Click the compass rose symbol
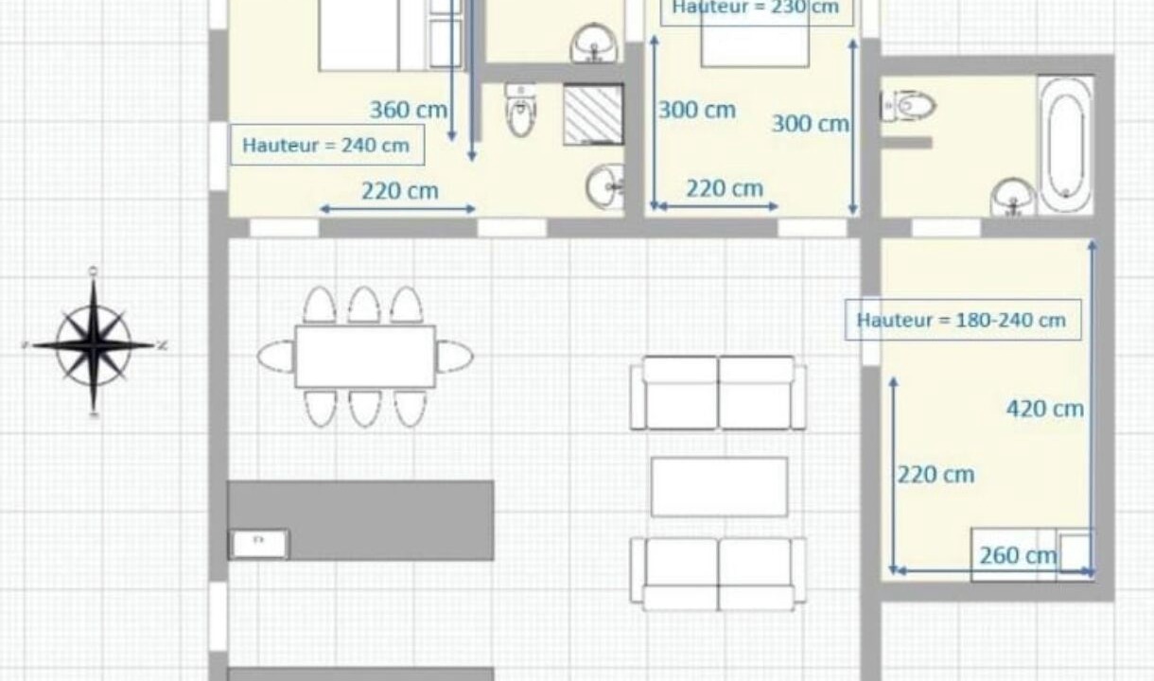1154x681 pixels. coord(94,343)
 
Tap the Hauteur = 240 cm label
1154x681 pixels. coord(326,145)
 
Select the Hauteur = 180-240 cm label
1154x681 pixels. coord(962,320)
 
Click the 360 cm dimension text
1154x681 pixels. coord(409,110)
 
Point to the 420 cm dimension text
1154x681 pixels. coord(1045,409)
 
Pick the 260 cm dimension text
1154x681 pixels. coord(1018,556)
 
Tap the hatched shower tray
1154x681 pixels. coord(593,114)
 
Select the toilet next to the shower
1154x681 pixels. coord(521,110)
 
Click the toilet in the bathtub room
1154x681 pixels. coord(908,106)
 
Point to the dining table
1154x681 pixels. coord(365,357)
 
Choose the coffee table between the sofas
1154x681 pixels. coord(719,487)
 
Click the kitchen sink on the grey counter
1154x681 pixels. coord(258,544)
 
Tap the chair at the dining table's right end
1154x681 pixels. coord(454,356)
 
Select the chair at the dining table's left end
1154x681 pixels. coord(276,356)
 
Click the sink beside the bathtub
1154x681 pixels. coord(1013,197)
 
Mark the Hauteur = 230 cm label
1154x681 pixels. coord(757,8)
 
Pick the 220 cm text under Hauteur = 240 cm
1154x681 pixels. coord(400,191)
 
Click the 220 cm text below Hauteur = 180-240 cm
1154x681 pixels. coord(936,475)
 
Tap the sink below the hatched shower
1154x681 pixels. coord(604,186)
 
